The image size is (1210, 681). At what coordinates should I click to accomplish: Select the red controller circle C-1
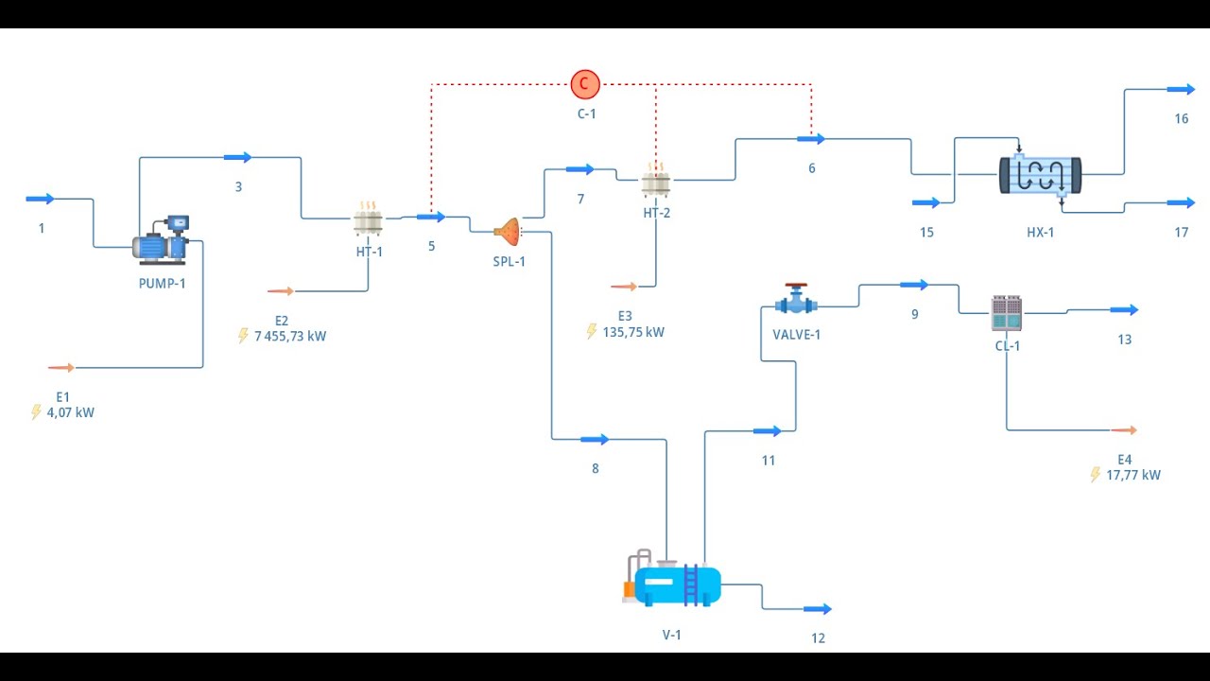click(585, 84)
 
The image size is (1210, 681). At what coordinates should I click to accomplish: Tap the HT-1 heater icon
click(368, 221)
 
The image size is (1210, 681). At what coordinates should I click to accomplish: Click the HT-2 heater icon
click(655, 181)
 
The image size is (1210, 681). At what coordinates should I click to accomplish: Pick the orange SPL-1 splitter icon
click(508, 230)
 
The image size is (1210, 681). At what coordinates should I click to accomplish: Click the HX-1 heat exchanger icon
click(1040, 176)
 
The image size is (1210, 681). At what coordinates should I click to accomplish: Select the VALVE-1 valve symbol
click(796, 302)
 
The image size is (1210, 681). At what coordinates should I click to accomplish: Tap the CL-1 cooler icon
click(1006, 313)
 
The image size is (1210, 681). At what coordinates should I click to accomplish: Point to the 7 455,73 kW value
click(289, 336)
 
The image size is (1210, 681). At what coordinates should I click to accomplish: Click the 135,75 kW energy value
click(632, 332)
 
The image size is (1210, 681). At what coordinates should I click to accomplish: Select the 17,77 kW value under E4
click(1132, 475)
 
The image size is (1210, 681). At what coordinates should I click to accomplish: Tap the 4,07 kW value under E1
click(71, 412)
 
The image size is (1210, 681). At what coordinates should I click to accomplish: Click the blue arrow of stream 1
click(41, 199)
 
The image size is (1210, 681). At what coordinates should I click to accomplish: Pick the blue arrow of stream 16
click(1181, 89)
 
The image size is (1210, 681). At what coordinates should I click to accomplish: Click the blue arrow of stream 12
click(818, 609)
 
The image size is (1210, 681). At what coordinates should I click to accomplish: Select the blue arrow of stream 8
click(595, 439)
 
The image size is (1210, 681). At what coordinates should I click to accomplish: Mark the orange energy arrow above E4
click(1124, 430)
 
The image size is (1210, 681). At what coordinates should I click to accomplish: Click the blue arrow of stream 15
click(925, 202)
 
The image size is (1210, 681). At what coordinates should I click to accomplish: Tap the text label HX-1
click(1040, 233)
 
